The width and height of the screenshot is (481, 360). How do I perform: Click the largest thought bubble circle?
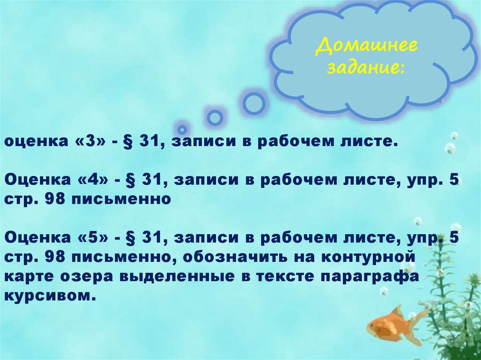point(254,103)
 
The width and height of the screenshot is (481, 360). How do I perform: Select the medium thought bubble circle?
point(215,117)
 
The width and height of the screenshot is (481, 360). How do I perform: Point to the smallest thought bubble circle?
point(182,129)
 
